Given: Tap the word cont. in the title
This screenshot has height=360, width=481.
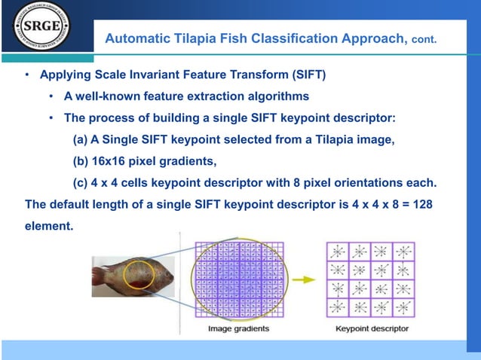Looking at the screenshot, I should pyautogui.click(x=423, y=38).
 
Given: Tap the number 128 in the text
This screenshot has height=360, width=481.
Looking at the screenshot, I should pyautogui.click(x=422, y=204).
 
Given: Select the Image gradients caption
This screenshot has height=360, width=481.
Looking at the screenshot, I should pyautogui.click(x=238, y=328).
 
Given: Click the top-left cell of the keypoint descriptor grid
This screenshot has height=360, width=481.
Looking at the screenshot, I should pyautogui.click(x=336, y=251).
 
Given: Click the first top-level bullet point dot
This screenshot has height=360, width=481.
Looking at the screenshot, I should pyautogui.click(x=27, y=76).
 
